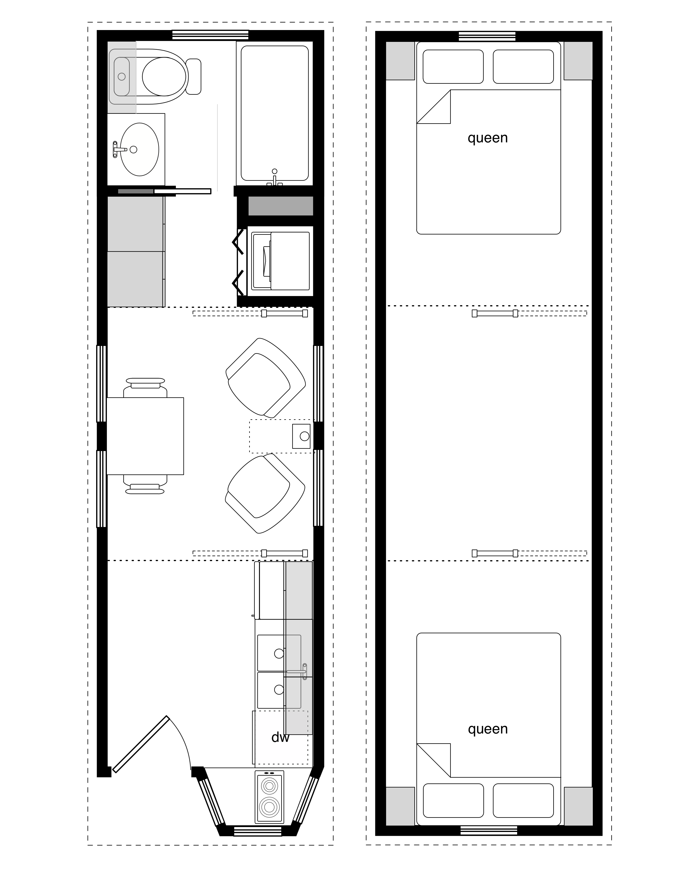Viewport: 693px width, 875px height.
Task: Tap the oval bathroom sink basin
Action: pos(139,149)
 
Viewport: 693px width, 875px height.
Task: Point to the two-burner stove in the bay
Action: pos(269,796)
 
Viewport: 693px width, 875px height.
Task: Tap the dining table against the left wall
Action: pos(145,436)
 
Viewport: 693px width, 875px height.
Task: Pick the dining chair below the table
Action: pos(145,485)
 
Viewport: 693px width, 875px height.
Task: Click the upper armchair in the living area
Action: pos(265,377)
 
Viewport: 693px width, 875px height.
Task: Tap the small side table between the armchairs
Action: pos(301,436)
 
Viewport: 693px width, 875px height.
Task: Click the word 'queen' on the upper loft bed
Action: pos(488,138)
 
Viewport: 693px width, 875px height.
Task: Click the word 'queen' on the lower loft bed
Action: pos(488,729)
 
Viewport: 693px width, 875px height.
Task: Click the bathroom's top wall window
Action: pos(210,35)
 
